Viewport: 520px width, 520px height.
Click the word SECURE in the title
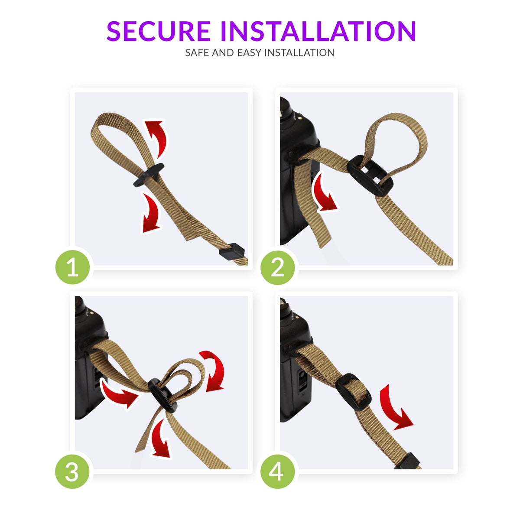(158, 31)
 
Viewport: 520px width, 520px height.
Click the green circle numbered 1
(72, 267)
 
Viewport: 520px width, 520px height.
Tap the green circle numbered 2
(277, 267)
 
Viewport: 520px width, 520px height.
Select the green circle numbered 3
(72, 471)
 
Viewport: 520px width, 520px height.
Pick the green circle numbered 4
(277, 471)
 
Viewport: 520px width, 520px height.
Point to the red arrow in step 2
(324, 193)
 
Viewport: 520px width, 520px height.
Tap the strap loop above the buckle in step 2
(396, 134)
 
